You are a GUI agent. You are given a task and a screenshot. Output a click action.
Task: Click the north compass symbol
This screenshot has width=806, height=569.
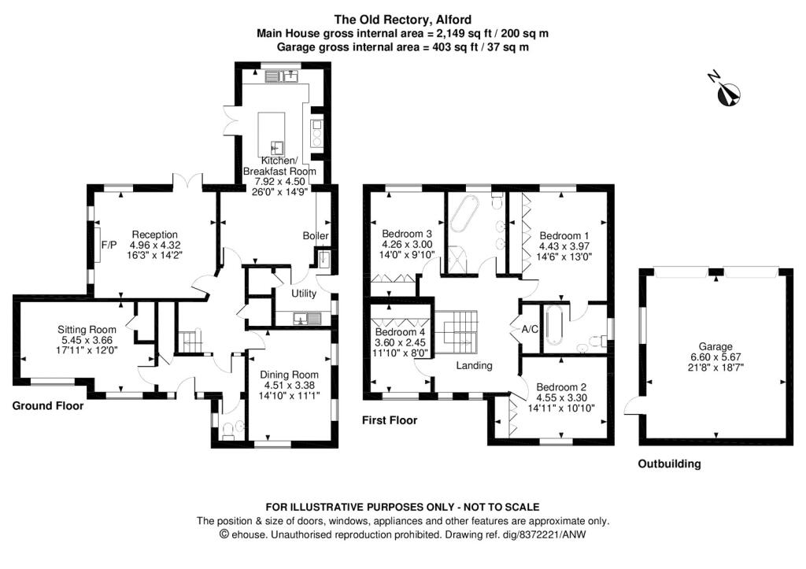click(x=727, y=91)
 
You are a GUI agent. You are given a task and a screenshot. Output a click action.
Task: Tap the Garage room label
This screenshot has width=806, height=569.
click(x=715, y=346)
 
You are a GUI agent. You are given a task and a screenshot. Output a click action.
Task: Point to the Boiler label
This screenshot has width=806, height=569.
click(x=316, y=236)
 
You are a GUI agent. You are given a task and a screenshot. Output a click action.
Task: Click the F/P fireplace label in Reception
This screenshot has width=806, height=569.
click(x=108, y=244)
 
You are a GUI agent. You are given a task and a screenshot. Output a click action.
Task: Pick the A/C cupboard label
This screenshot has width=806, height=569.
click(x=530, y=329)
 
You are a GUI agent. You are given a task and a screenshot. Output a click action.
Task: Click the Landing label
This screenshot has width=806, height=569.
click(x=475, y=365)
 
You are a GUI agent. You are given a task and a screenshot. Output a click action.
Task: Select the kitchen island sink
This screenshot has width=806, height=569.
click(x=277, y=146)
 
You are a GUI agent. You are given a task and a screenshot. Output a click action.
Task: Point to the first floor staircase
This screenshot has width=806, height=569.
click(x=457, y=328)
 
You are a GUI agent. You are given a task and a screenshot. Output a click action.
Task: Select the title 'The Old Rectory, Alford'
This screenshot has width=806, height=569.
click(x=403, y=20)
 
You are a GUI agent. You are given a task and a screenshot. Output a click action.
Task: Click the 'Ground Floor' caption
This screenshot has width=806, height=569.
click(x=48, y=407)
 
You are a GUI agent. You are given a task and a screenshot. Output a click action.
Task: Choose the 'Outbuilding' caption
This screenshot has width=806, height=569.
click(x=668, y=464)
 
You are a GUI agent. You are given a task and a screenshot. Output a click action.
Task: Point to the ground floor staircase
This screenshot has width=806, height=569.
click(x=189, y=342)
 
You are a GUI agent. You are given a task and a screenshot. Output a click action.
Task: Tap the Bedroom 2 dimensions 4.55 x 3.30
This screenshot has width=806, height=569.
click(x=564, y=397)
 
